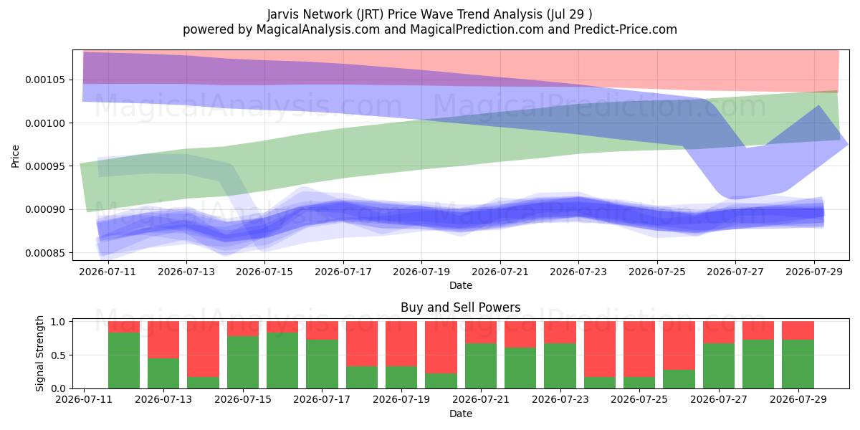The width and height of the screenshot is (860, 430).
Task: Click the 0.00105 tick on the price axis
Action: [x=45, y=80]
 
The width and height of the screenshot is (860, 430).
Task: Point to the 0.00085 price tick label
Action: [x=45, y=253]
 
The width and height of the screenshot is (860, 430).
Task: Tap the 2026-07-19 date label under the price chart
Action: [x=421, y=272]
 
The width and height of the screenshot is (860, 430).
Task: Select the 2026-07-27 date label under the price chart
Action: [x=735, y=272]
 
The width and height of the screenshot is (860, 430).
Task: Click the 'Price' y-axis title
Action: [x=15, y=156]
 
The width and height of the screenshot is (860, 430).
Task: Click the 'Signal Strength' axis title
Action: [x=39, y=353]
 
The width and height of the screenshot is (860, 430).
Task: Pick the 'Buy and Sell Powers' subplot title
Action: [x=460, y=307]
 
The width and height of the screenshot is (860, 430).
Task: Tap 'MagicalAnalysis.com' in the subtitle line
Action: [x=318, y=29]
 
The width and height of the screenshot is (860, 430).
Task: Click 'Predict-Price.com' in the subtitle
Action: [x=626, y=29]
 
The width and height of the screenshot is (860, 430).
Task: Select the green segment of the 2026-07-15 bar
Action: [x=243, y=362]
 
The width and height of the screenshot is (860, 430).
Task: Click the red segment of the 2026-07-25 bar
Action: [x=639, y=349]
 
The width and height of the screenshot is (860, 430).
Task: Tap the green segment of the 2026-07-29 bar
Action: [x=798, y=364]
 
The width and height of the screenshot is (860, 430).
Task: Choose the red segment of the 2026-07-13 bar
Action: [x=163, y=340]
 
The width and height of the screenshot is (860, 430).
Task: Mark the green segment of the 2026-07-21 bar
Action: [x=481, y=365]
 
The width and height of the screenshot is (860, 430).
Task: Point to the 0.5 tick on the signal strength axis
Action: [x=58, y=355]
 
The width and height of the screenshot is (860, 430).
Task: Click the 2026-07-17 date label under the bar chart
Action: [x=322, y=400]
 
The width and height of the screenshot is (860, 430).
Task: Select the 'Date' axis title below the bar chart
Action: [x=461, y=414]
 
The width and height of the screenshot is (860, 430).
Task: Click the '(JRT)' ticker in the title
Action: [x=370, y=14]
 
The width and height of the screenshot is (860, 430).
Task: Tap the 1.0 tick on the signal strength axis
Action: [x=58, y=321]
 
